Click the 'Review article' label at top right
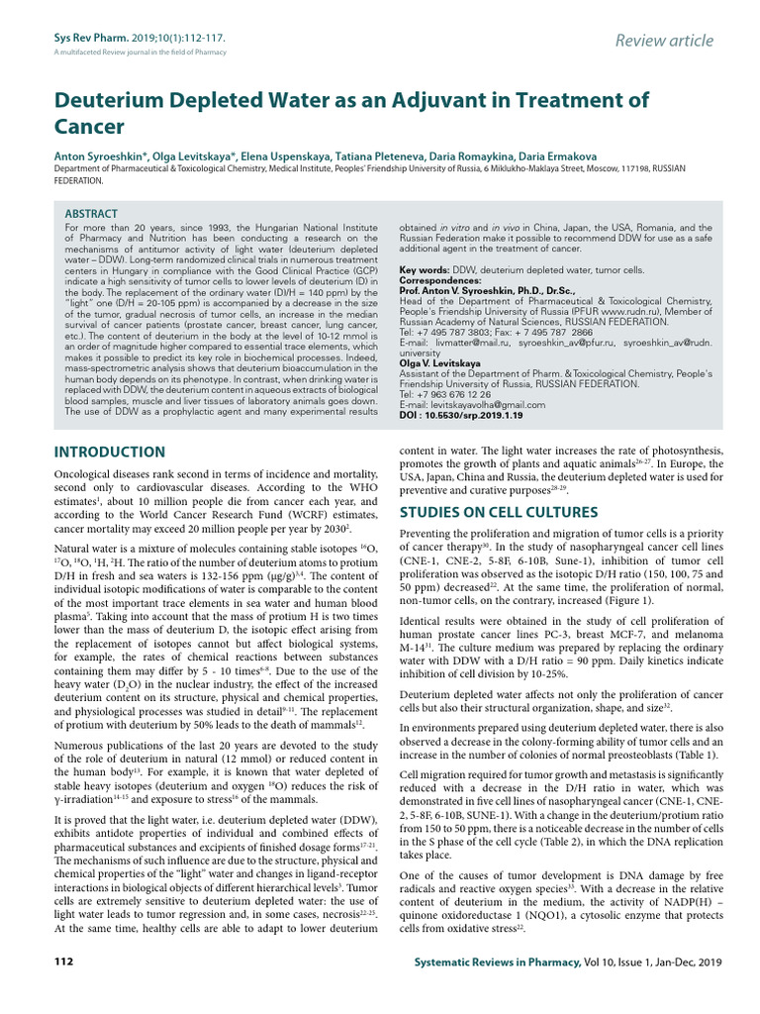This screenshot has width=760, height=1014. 663,40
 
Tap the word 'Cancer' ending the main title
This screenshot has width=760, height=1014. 89,127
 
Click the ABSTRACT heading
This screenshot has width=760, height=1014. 91,214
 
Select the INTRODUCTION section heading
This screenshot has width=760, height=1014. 109,453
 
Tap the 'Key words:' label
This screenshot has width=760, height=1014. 425,270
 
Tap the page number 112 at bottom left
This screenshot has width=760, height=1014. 62,962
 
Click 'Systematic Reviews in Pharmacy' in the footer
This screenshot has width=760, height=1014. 495,962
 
